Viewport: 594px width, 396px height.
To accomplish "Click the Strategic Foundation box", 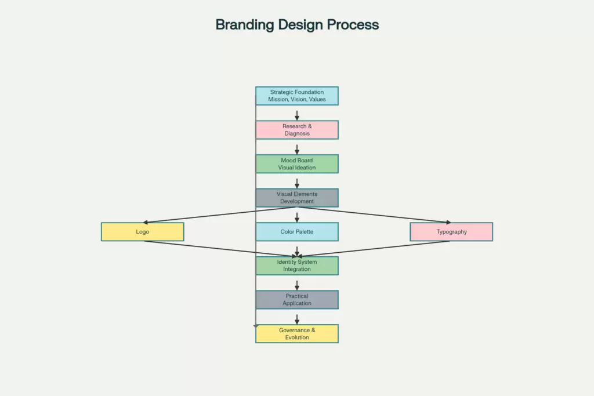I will (x=296, y=96).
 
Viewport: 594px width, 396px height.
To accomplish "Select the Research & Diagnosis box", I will (x=296, y=130).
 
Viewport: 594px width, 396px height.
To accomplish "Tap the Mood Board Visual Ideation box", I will (x=296, y=164).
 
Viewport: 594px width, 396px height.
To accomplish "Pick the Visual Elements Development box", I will (x=296, y=198).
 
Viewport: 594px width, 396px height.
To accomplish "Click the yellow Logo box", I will (x=142, y=232).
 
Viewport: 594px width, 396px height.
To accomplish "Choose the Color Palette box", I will (x=296, y=232).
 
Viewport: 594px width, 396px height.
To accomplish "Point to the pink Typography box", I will (x=451, y=232).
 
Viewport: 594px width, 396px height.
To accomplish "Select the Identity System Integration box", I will (x=296, y=266).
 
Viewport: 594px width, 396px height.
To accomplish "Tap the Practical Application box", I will (x=296, y=300).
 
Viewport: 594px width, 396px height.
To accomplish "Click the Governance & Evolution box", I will (x=296, y=334).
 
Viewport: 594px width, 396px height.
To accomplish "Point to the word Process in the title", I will (x=353, y=25).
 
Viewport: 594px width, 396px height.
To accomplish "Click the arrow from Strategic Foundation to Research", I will (x=297, y=115).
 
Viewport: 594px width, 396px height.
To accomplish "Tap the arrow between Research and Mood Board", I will (x=297, y=149).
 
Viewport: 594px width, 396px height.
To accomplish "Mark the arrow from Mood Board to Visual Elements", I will (x=297, y=183).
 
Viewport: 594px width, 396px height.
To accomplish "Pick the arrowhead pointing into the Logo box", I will (x=147, y=222).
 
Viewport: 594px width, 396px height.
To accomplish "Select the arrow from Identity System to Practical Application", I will (x=297, y=285).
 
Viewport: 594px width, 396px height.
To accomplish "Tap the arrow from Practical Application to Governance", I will (x=297, y=319).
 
